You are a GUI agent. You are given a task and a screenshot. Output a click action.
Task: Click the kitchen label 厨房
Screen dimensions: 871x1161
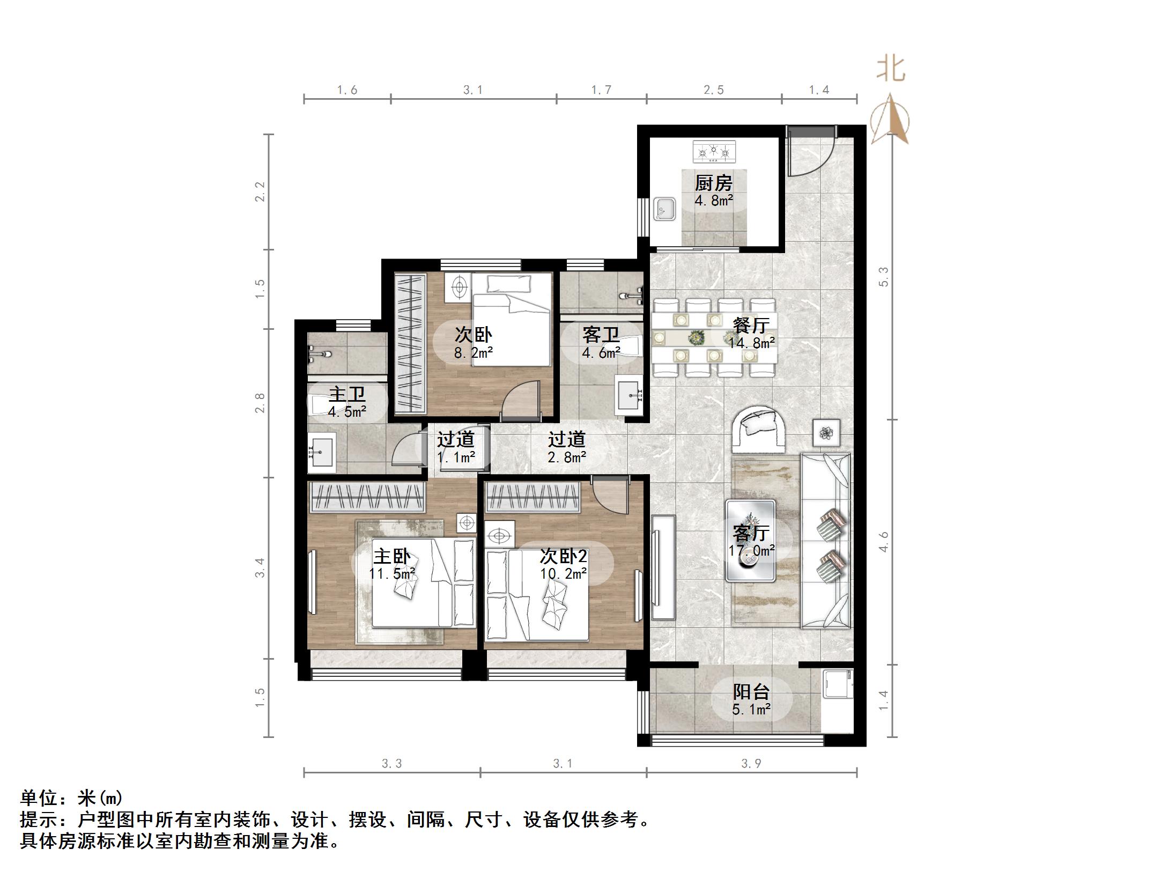click(713, 183)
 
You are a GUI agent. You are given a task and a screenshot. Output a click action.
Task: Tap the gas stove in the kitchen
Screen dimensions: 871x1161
click(714, 152)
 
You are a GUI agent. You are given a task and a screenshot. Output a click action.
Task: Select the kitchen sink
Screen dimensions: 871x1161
click(664, 208)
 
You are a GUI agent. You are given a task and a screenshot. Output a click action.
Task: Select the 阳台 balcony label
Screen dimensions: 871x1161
click(751, 692)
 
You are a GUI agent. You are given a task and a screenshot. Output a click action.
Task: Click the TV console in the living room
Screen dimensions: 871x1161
click(663, 567)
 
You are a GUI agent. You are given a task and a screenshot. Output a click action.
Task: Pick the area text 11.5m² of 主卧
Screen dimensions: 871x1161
click(393, 574)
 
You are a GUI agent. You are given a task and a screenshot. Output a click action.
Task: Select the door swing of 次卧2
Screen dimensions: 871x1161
click(611, 496)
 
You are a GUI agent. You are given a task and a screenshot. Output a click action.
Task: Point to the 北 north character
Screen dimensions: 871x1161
click(891, 69)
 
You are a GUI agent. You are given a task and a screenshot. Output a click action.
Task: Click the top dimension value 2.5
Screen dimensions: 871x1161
click(713, 90)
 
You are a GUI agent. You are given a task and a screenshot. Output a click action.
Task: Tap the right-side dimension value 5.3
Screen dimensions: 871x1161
click(883, 276)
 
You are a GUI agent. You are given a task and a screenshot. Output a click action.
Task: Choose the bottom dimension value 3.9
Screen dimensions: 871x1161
click(751, 764)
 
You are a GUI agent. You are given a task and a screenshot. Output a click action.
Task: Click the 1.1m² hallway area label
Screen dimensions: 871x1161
click(456, 457)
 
